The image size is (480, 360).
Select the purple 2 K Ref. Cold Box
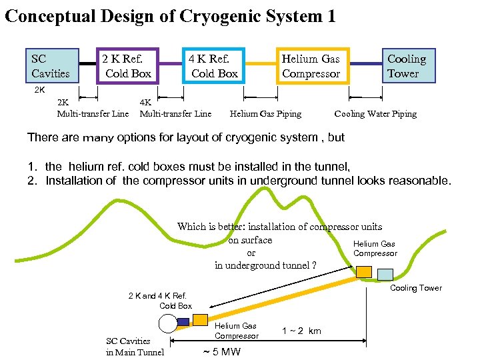(127, 66)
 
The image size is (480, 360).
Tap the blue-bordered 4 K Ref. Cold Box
(213, 66)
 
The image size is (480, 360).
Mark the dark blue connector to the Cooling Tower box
(365, 65)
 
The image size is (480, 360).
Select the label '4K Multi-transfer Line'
(175, 109)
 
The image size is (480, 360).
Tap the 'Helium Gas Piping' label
(265, 114)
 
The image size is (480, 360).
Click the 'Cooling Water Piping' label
(375, 114)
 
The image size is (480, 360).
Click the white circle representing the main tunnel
(167, 323)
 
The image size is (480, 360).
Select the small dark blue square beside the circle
(183, 321)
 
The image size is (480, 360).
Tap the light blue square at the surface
(385, 274)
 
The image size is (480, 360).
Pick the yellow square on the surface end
(364, 271)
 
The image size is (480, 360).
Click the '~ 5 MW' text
(221, 352)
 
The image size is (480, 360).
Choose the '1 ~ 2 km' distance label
(301, 331)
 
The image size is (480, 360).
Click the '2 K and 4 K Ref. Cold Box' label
(160, 301)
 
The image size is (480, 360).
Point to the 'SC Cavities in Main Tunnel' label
(135, 347)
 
